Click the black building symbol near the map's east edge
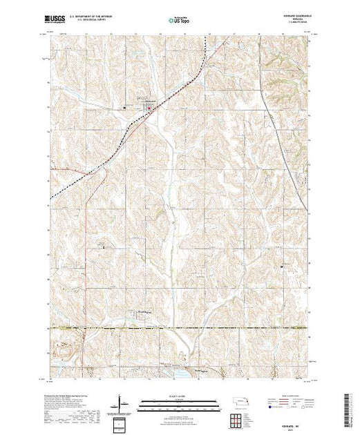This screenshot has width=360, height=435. click(x=283, y=264)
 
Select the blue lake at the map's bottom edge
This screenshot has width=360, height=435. click(x=182, y=375)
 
